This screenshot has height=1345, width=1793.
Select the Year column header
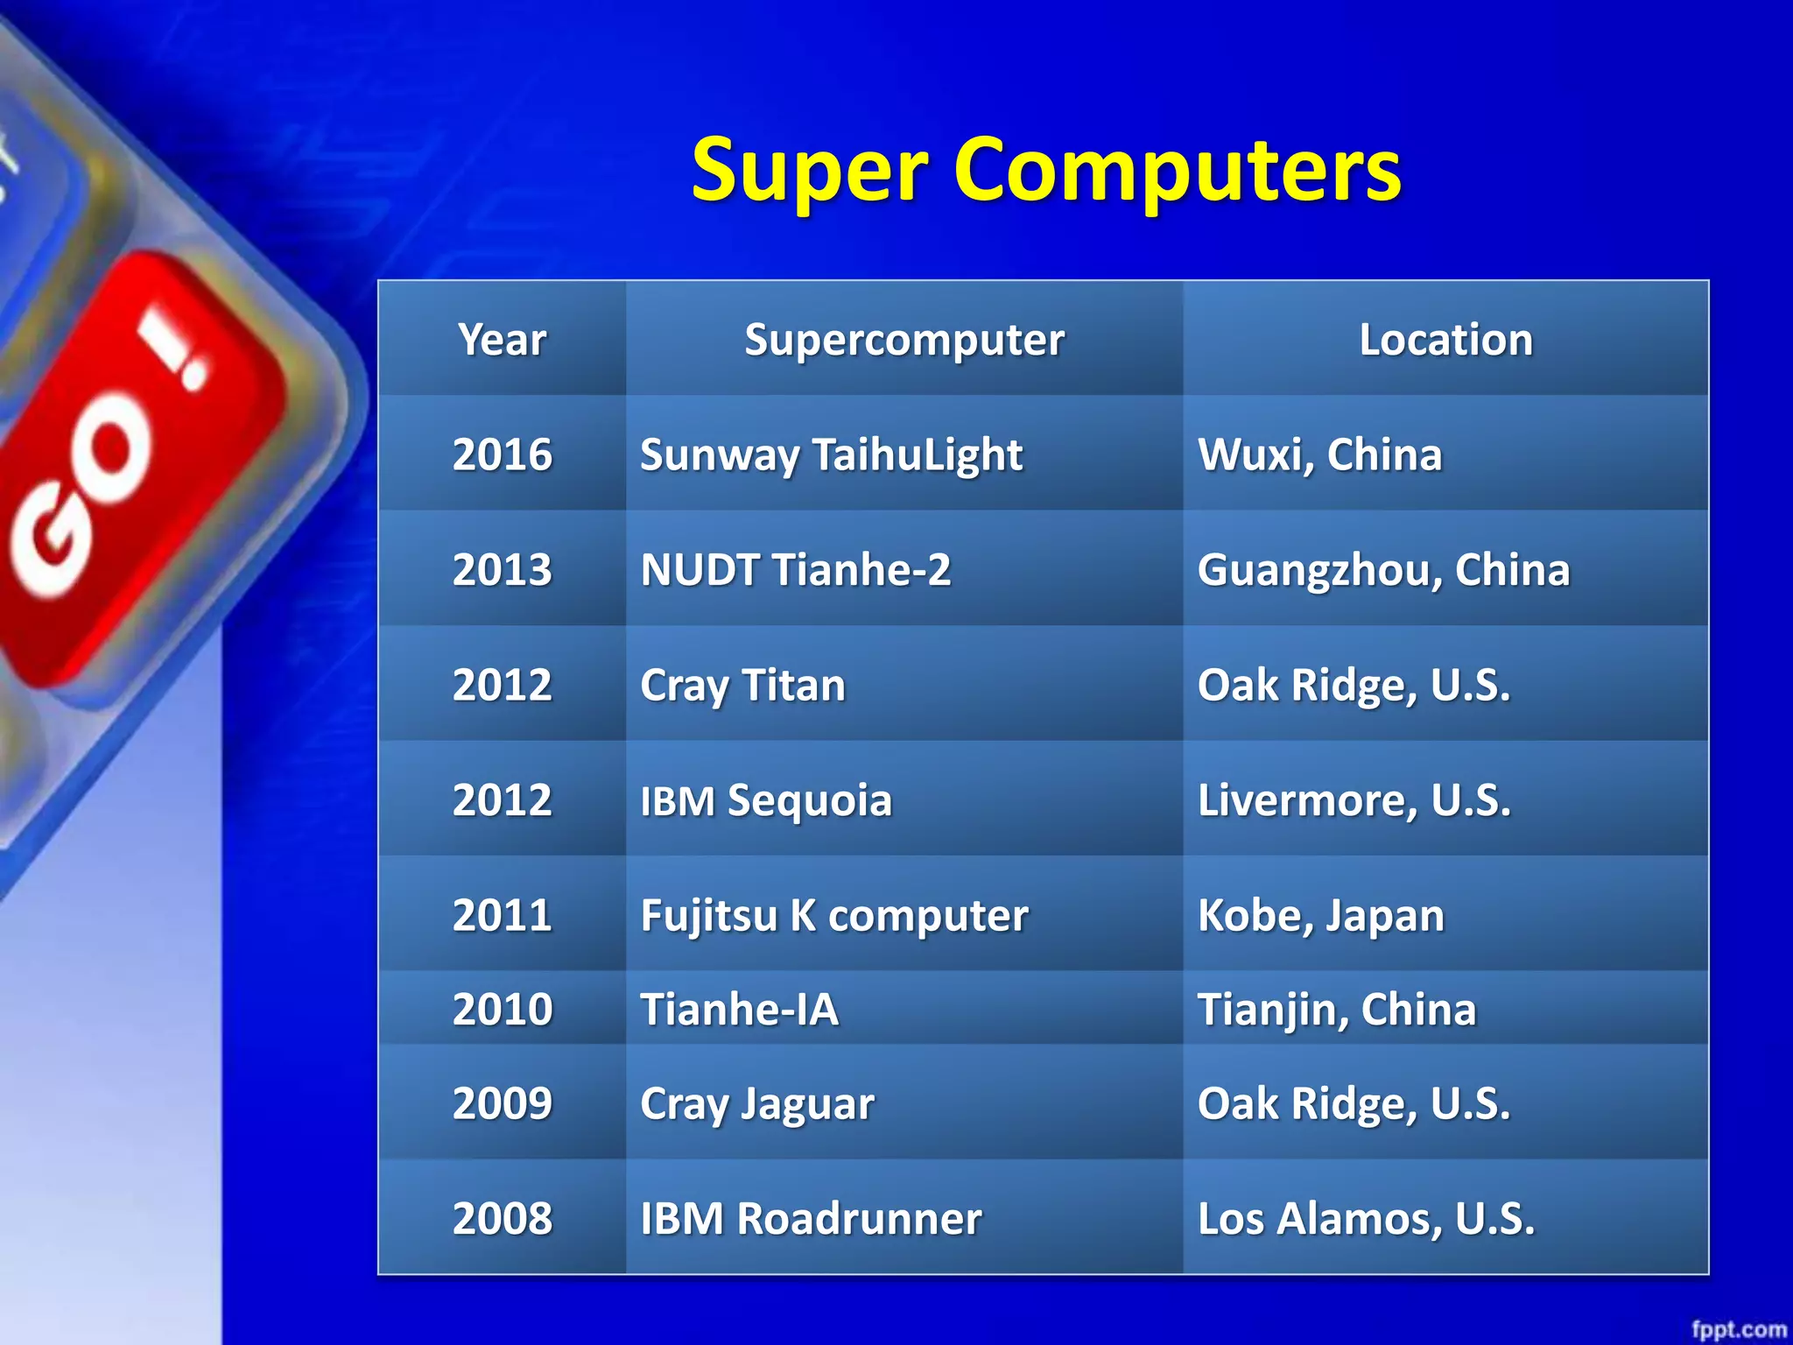502,340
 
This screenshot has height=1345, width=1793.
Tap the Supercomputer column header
904,340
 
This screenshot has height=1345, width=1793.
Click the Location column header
1445,340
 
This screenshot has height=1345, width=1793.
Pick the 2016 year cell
502,454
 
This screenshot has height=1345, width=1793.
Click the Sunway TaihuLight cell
831,454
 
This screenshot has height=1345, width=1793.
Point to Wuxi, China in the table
1319,454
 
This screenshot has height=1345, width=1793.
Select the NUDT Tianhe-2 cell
795,570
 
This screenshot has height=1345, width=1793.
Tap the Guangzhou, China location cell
1383,570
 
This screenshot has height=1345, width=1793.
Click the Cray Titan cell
742,685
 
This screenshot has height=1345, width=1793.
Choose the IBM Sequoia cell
766,800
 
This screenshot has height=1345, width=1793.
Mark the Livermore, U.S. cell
1354,800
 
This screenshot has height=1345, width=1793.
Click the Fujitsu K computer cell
833,916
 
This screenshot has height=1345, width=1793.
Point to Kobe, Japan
1320,916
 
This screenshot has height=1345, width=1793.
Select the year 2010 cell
502,1009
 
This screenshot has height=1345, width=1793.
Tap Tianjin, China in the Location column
1336,1009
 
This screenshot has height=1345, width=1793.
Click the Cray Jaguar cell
756,1103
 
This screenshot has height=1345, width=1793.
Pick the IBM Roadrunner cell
811,1218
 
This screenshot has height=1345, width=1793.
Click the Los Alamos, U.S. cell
1366,1218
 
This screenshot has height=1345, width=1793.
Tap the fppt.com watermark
1739,1329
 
